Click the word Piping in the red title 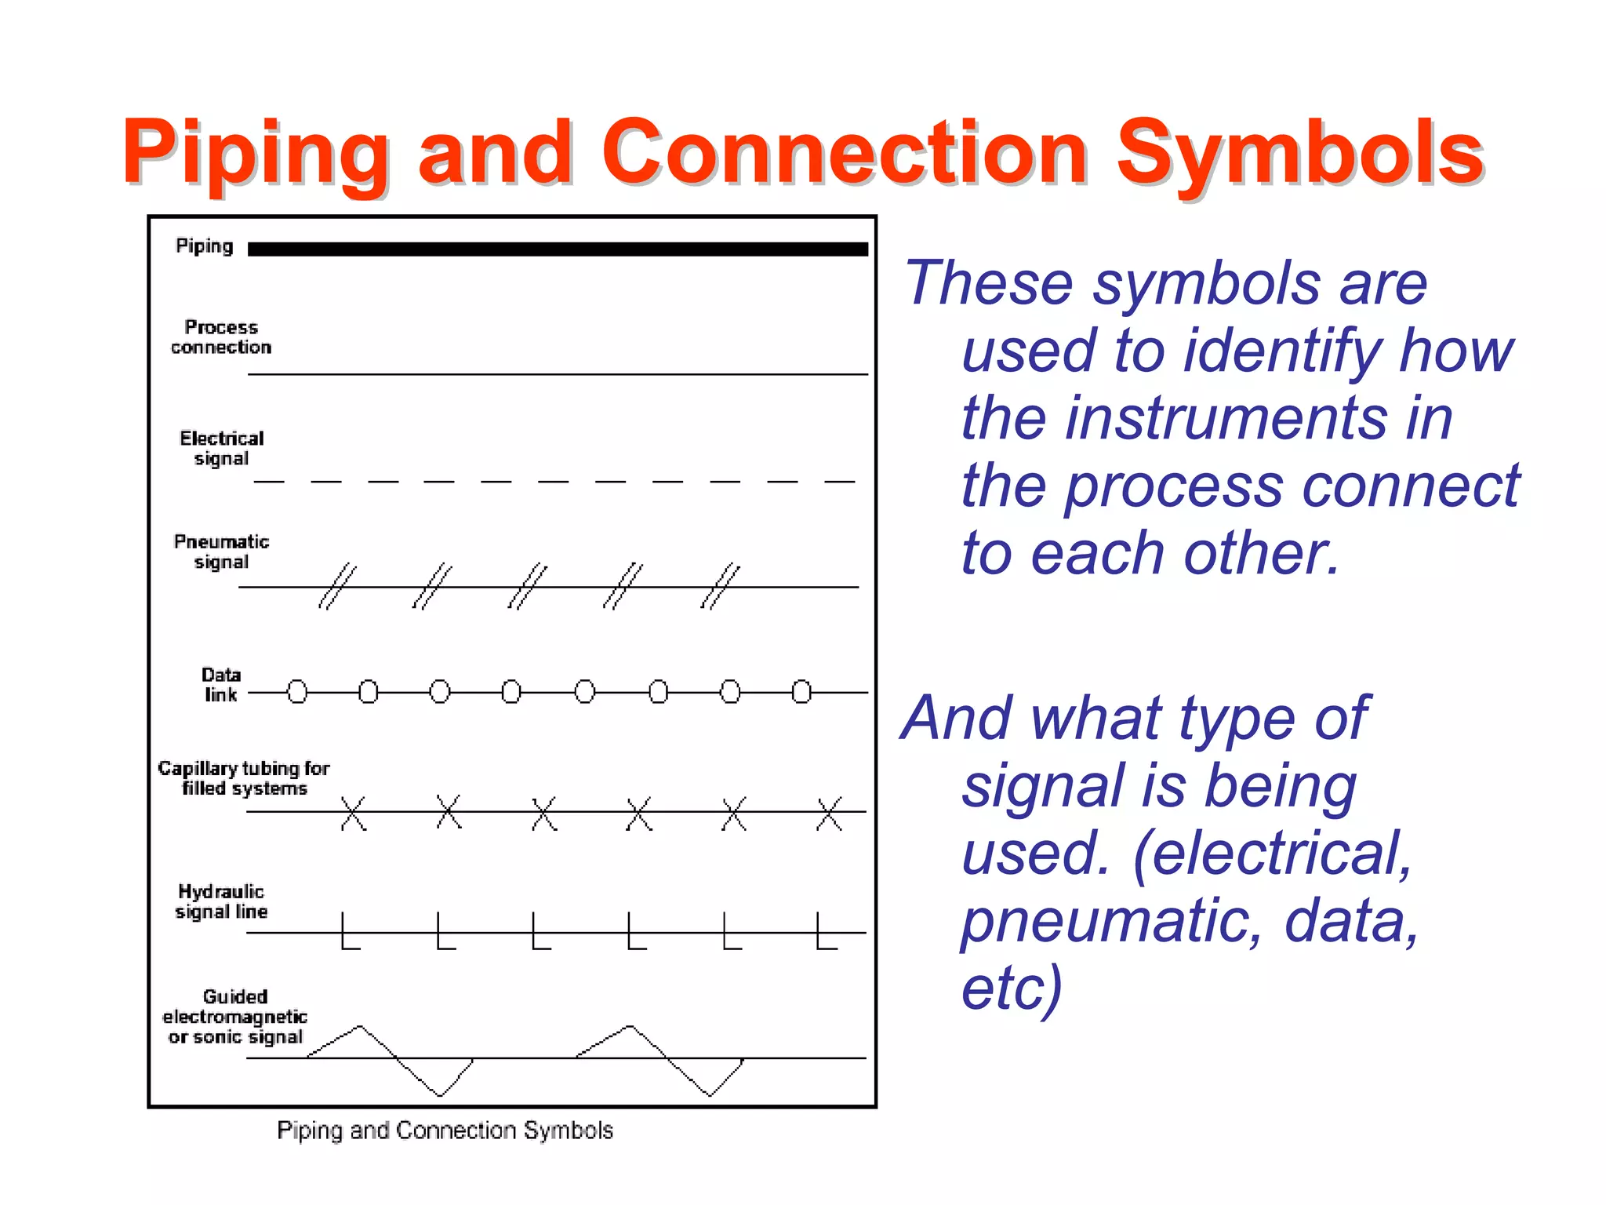256,153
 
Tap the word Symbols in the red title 1299,153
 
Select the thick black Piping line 558,249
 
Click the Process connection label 221,337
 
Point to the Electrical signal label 221,448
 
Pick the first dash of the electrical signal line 269,481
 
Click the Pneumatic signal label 221,552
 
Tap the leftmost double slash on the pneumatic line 337,586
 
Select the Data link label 221,684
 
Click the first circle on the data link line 297,692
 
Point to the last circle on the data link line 801,692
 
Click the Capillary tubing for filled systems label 244,777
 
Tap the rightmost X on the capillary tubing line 829,813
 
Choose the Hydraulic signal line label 221,901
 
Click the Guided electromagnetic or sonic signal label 234,1017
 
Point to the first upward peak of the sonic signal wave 360,1026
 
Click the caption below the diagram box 445,1130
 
